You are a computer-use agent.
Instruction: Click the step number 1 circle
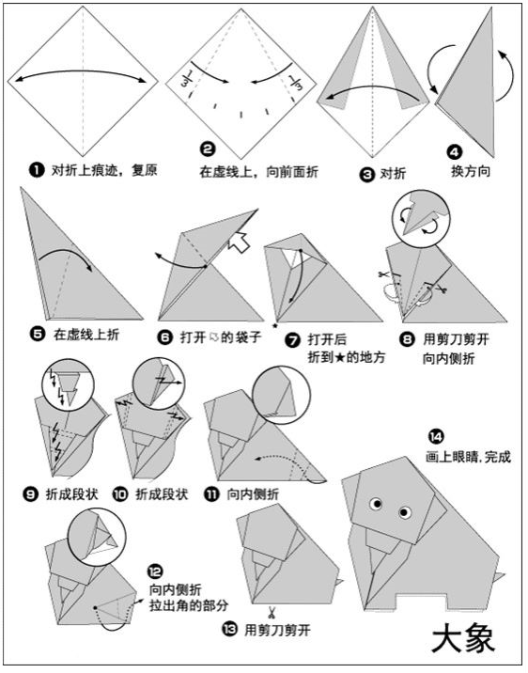(x=37, y=170)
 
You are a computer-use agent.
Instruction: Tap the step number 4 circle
(x=455, y=151)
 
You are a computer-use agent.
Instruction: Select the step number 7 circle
(x=293, y=341)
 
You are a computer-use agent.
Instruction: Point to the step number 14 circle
(x=436, y=436)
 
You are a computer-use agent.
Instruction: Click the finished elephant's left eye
(x=377, y=504)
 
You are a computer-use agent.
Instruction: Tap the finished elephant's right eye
(x=405, y=512)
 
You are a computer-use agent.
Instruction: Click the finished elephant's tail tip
(x=505, y=573)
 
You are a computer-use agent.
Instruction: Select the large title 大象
(x=463, y=640)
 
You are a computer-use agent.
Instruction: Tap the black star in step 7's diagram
(x=275, y=326)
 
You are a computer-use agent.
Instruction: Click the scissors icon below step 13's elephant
(x=272, y=612)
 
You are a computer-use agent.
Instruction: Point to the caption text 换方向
(x=471, y=171)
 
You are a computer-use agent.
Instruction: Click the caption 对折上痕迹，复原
(x=104, y=170)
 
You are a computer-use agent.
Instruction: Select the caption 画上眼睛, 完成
(x=469, y=456)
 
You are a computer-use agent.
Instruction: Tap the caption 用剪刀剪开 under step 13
(x=277, y=630)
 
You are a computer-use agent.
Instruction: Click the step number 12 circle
(x=155, y=571)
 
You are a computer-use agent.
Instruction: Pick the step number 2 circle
(x=208, y=149)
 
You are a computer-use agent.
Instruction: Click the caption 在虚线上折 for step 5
(x=86, y=335)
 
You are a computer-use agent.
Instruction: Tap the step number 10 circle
(x=120, y=494)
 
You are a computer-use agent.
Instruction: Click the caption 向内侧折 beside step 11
(x=253, y=494)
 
